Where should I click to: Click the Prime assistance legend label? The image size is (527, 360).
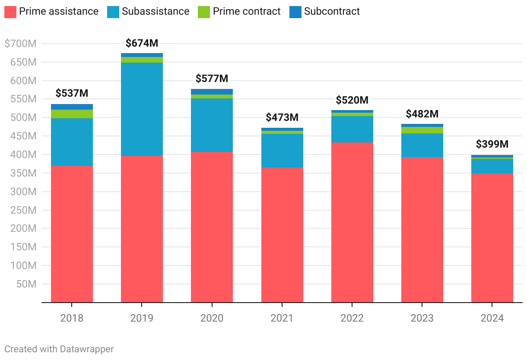click(x=59, y=11)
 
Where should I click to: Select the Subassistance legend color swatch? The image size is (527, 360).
click(x=113, y=12)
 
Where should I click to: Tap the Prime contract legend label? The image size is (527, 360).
click(x=247, y=11)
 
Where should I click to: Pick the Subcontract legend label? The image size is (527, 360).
click(x=332, y=11)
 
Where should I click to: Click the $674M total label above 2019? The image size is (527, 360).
click(x=142, y=43)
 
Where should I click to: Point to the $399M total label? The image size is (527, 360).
click(x=492, y=144)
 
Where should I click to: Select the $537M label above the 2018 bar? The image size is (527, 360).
click(x=72, y=93)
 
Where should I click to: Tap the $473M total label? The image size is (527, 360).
click(x=282, y=117)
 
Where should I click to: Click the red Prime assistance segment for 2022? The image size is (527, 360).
click(x=352, y=222)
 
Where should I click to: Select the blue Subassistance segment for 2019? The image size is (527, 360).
click(x=142, y=109)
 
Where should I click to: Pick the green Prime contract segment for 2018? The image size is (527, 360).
click(x=72, y=114)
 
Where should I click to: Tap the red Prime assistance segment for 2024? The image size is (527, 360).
click(x=492, y=237)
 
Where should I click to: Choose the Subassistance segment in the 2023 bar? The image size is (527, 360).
click(x=422, y=145)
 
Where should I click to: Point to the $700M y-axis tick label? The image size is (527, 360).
click(x=20, y=44)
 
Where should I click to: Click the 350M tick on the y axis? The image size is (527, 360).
click(x=24, y=173)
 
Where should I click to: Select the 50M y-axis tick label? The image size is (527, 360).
click(x=26, y=284)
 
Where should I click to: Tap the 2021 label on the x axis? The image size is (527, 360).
click(x=282, y=318)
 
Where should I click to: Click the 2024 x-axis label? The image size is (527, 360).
click(x=492, y=318)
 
